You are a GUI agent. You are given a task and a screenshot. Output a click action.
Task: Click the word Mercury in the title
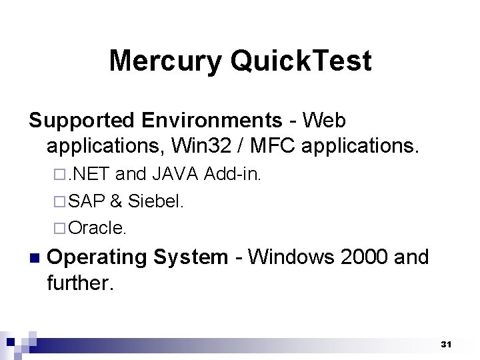165,61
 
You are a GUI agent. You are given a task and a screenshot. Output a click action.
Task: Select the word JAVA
175,175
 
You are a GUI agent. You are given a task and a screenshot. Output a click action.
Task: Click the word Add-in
233,175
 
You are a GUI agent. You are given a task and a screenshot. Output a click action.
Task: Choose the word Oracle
97,228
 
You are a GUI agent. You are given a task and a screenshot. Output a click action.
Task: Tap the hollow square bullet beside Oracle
60,229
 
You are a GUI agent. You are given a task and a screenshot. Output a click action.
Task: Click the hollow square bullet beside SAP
60,202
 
